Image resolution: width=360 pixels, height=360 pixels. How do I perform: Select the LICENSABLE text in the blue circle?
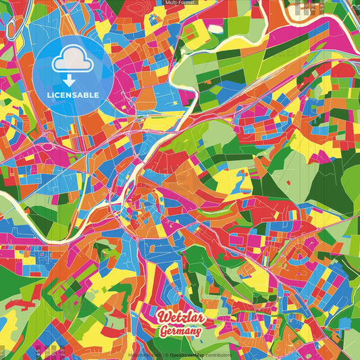(x=74, y=95)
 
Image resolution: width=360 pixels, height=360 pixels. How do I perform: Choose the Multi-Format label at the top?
(x=179, y=3)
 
